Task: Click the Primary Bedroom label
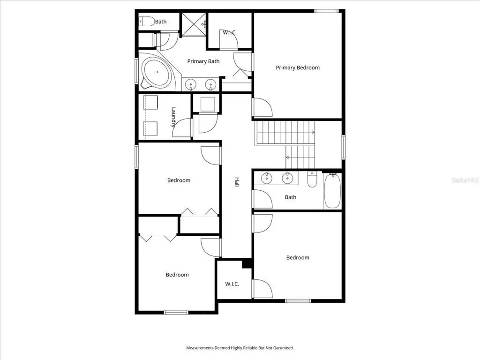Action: [298, 67]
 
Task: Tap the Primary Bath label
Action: [203, 61]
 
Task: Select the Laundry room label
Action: [173, 117]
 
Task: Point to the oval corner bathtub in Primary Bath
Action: [157, 72]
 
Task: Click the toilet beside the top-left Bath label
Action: [147, 22]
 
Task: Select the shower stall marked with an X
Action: [194, 24]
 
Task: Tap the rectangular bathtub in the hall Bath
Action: [332, 191]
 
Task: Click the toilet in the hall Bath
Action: [312, 180]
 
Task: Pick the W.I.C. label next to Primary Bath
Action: [230, 32]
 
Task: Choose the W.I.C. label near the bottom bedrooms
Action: [232, 284]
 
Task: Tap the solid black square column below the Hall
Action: [247, 263]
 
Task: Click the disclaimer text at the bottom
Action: [240, 348]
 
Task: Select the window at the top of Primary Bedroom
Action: [327, 11]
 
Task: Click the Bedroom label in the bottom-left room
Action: [177, 275]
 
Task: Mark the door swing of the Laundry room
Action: [182, 127]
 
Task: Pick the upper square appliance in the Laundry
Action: [150, 102]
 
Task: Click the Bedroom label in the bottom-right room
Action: [298, 258]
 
